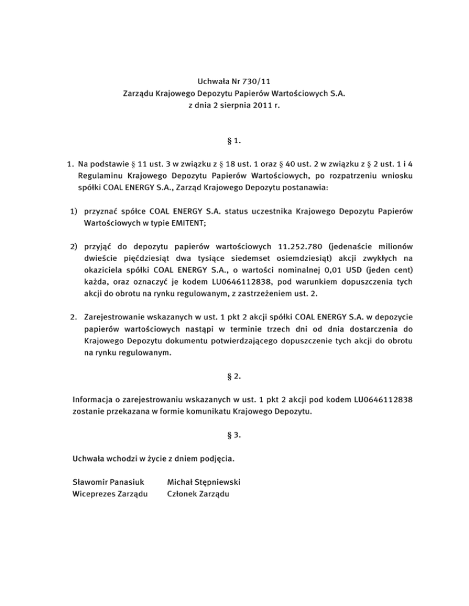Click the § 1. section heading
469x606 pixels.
point(234,141)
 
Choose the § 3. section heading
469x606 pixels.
point(234,435)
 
